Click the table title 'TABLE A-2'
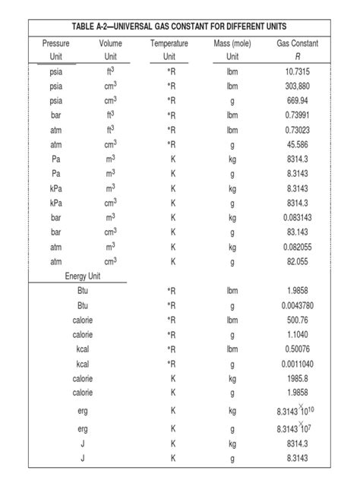[x=179, y=27]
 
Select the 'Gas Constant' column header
[x=297, y=43]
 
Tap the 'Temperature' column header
[x=169, y=43]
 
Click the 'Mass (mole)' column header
[x=232, y=43]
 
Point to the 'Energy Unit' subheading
[x=83, y=276]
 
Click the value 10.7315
[x=297, y=71]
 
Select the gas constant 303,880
[x=297, y=86]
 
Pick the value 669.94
[x=297, y=100]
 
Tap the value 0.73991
[x=297, y=115]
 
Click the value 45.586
[x=297, y=144]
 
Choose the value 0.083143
[x=297, y=217]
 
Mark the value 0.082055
[x=297, y=247]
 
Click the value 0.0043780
[x=297, y=305]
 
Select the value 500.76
[x=297, y=320]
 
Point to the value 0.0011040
[x=297, y=364]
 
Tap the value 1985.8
[x=297, y=378]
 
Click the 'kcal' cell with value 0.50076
[x=83, y=349]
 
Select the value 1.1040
[x=297, y=334]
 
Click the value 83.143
[x=297, y=232]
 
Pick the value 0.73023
[x=297, y=130]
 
